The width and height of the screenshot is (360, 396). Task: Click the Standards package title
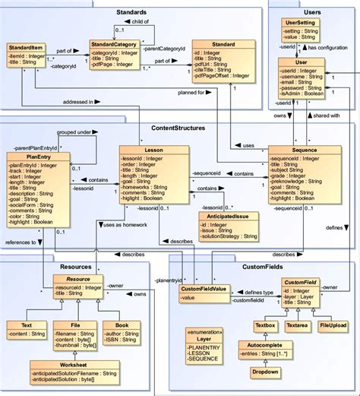(132, 14)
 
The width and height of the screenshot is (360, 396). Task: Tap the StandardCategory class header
(113, 45)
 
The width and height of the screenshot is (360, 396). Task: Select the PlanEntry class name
(29, 157)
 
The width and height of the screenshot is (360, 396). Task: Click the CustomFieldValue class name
(204, 289)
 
